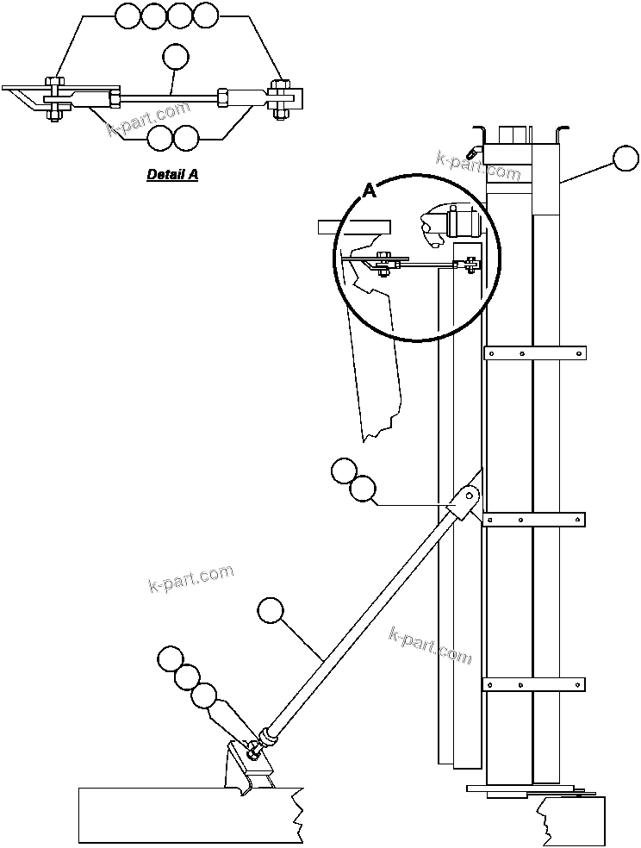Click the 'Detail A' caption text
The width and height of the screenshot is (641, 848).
tap(172, 174)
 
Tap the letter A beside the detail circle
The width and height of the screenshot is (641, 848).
tap(369, 191)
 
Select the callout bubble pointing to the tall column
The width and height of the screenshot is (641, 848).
tap(626, 159)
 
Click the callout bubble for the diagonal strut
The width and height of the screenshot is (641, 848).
tap(271, 610)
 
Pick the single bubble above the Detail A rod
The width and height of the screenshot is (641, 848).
tap(176, 56)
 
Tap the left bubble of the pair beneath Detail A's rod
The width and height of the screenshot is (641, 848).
tap(160, 138)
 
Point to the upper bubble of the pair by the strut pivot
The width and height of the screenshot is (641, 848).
tap(344, 471)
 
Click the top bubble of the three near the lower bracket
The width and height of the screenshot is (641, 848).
tap(171, 660)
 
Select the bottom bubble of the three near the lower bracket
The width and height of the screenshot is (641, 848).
tap(204, 695)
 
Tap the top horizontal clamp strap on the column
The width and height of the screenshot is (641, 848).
tap(535, 352)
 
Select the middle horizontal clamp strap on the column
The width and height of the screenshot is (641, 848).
tap(535, 519)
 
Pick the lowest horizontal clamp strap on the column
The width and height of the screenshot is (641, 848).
tap(535, 685)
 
